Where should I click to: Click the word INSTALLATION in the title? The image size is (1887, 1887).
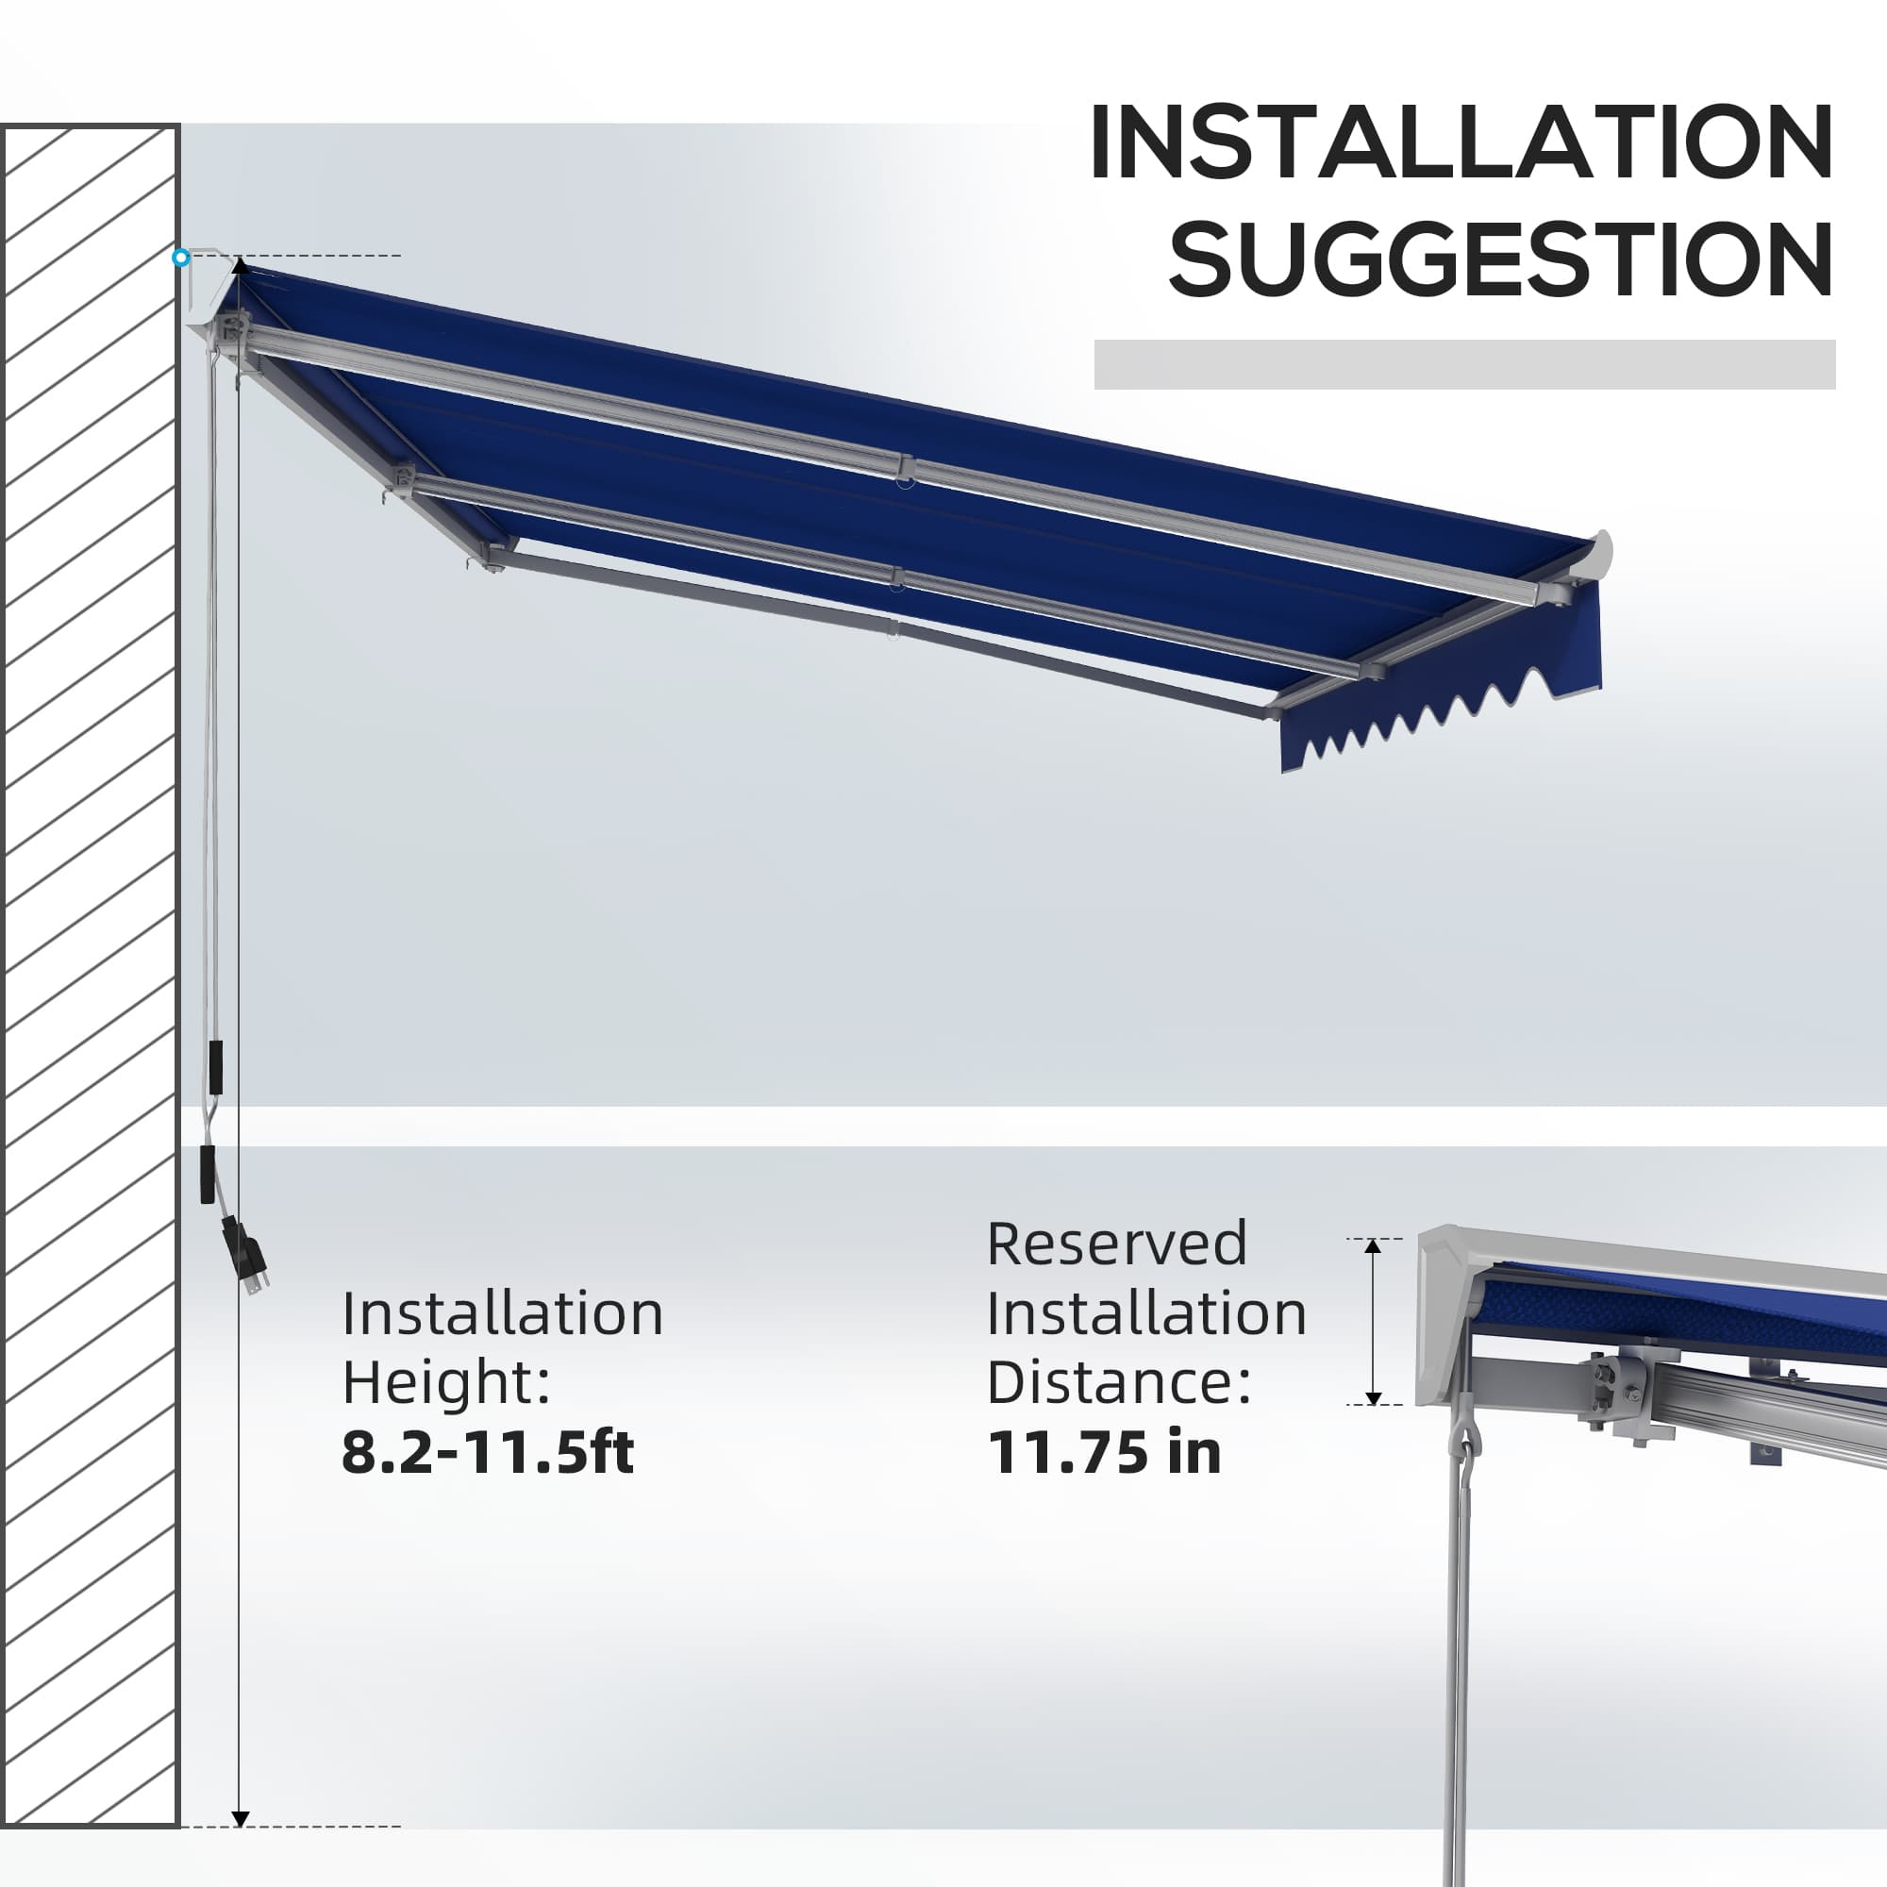[x=1461, y=142]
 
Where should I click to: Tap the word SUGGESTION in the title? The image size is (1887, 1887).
[x=1501, y=259]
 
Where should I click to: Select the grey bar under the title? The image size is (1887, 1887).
[x=1464, y=364]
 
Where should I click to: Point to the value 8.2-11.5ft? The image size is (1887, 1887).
[x=488, y=1452]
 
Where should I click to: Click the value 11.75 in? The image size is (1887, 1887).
[x=1104, y=1452]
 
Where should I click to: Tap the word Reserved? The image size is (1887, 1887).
[x=1116, y=1244]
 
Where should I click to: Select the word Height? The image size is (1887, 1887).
[x=446, y=1383]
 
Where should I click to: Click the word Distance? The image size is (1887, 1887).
[x=1119, y=1382]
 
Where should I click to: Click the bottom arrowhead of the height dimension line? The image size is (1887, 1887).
[x=241, y=1819]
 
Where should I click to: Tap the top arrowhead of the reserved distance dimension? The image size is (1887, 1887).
[x=1372, y=1247]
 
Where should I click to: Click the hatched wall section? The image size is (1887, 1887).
[x=89, y=976]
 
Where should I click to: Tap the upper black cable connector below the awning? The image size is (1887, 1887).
[x=215, y=1067]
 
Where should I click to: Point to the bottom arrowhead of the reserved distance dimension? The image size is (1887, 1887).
[x=1372, y=1397]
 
